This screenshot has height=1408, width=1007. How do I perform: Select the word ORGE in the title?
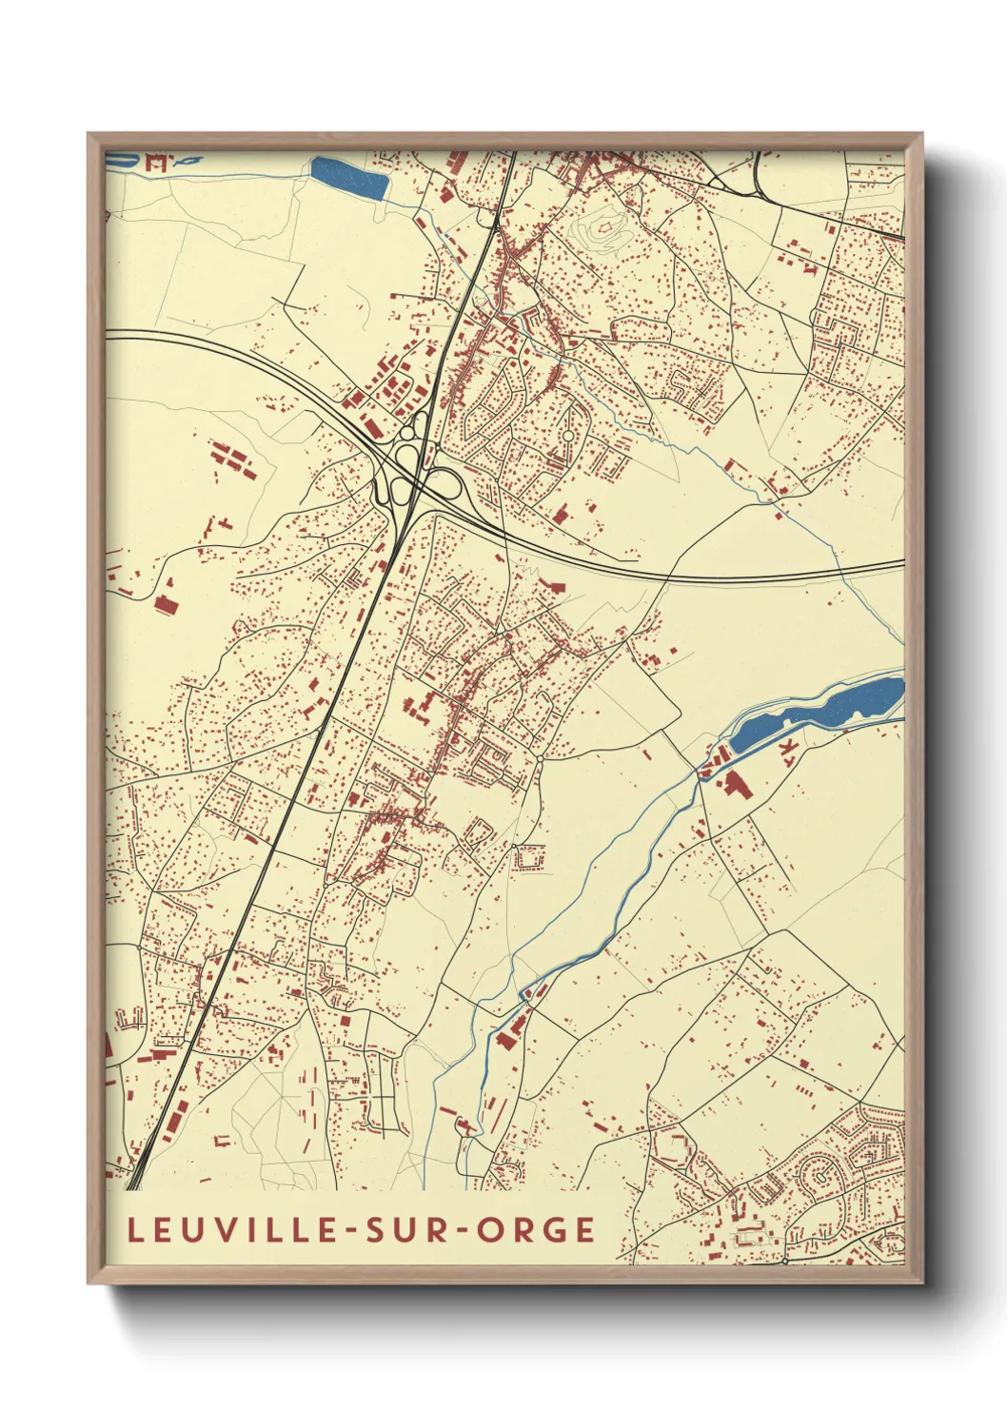tap(536, 1229)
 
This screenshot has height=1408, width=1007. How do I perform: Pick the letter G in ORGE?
tap(555, 1229)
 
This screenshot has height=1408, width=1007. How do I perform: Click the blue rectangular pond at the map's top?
tap(348, 178)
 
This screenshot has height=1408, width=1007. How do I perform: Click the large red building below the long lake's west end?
tap(734, 784)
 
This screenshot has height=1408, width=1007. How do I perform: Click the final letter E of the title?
tap(584, 1229)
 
